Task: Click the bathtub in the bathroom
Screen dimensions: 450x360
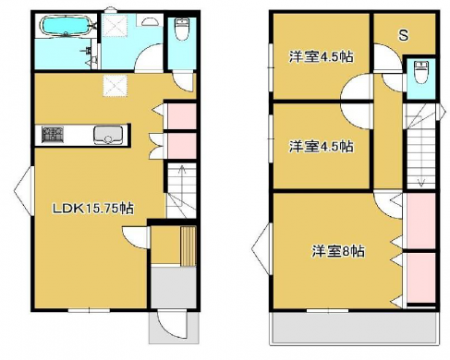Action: point(65,26)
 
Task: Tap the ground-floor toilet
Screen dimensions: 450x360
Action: point(181,29)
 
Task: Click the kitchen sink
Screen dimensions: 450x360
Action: point(108,135)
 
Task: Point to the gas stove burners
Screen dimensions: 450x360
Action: point(53,134)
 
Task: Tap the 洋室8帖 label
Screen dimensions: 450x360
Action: point(337,251)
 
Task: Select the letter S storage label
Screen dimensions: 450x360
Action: point(404,35)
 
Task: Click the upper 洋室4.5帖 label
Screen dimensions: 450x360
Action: point(321,57)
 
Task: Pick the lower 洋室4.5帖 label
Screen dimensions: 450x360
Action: point(321,146)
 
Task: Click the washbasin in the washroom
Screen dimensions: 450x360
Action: point(149,21)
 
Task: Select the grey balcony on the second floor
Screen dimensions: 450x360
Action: point(355,328)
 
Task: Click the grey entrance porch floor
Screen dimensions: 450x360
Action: point(174,287)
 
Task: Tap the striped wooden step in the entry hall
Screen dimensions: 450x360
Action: point(188,246)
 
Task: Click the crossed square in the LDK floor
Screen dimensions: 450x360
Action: point(115,86)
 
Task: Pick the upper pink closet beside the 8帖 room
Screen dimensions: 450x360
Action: point(422,221)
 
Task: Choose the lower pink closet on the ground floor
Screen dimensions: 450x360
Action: point(182,146)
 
